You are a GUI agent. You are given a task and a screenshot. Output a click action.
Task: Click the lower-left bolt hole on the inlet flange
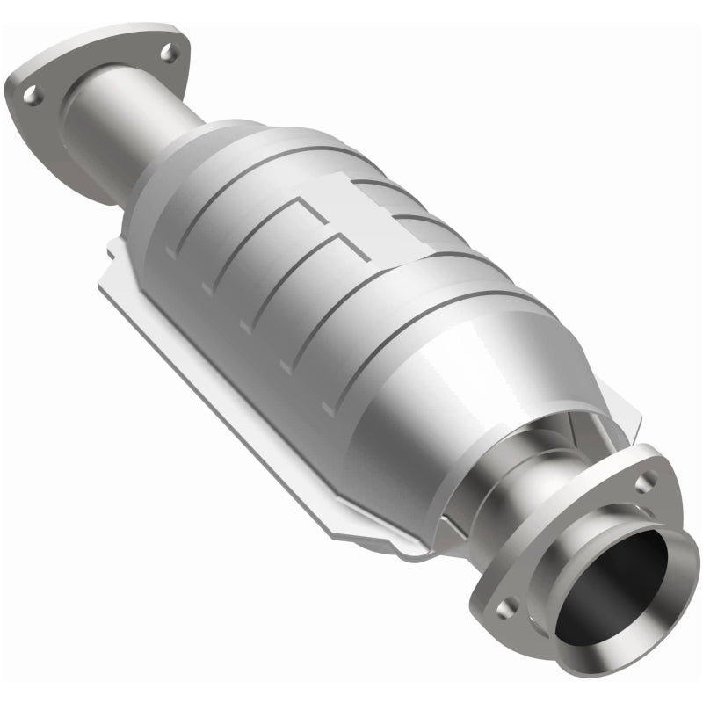pos(33,96)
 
